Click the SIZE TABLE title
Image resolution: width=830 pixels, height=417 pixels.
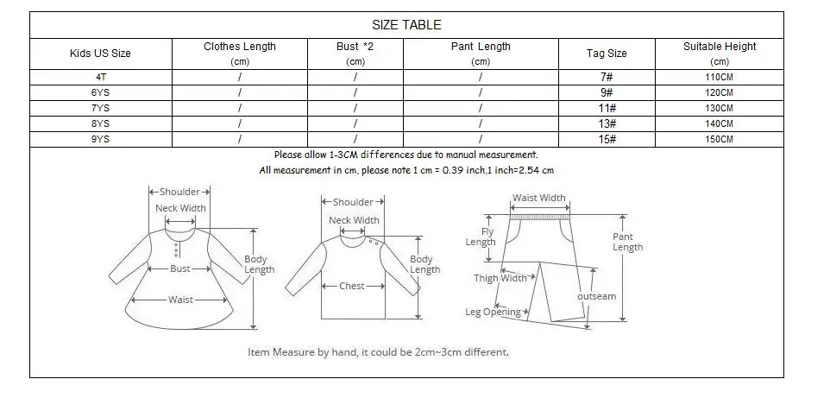406,25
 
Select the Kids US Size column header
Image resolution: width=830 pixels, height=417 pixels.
100,54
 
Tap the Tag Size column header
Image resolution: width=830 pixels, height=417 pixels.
607,54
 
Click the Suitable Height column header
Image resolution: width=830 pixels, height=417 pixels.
720,54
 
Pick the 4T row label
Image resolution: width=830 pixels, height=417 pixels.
100,77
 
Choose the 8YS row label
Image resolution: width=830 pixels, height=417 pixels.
100,123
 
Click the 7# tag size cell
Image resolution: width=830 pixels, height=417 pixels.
607,77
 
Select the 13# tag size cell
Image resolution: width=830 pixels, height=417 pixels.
607,123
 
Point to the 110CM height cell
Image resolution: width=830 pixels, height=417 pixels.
720,77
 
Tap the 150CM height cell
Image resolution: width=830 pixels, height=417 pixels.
720,139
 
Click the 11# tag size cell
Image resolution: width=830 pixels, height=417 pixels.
607,108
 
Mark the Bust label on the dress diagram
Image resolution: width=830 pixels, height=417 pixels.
179,269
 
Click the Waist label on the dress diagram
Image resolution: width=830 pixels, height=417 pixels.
180,300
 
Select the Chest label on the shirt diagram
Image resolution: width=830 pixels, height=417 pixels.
351,286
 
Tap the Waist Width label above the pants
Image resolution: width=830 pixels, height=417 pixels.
539,198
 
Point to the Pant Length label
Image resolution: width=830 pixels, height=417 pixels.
627,242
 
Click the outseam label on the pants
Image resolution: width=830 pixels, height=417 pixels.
596,296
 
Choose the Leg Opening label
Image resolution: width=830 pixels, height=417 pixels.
494,312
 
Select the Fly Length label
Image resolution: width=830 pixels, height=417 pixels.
481,237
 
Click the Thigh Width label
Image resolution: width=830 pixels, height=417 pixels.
500,278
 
